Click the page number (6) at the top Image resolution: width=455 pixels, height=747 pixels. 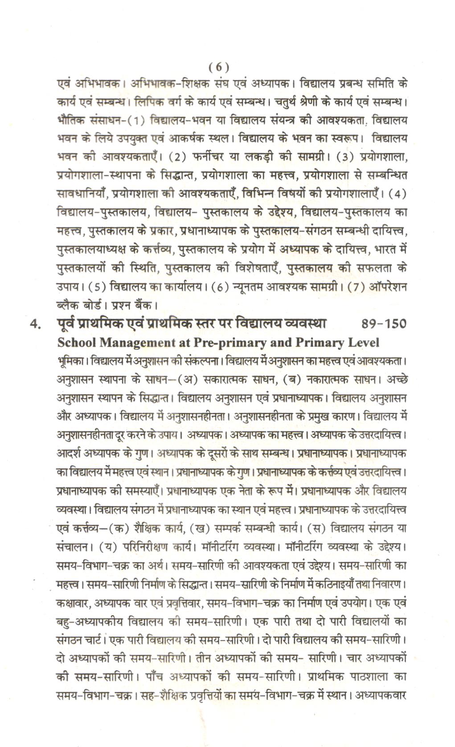pyautogui.click(x=219, y=67)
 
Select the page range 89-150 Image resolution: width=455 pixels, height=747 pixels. pyautogui.click(x=384, y=324)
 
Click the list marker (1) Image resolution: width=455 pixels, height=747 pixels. pyautogui.click(x=136, y=120)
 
